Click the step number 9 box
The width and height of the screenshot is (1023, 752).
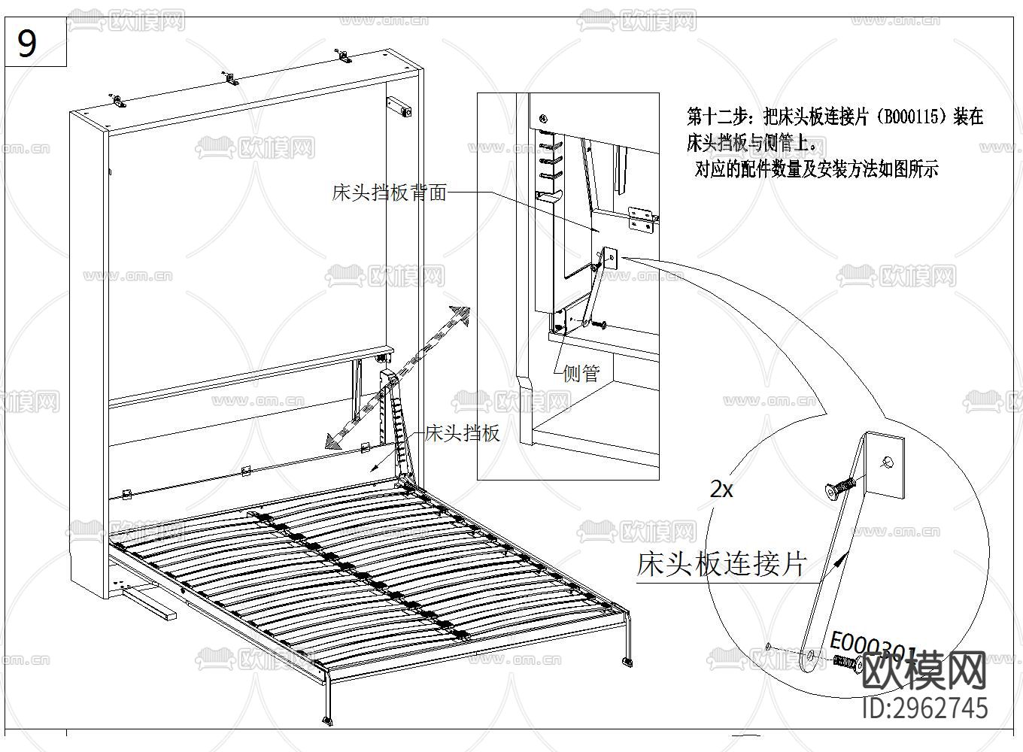(x=27, y=44)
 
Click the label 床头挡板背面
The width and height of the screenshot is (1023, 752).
(x=389, y=193)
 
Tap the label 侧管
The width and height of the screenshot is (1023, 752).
(x=581, y=373)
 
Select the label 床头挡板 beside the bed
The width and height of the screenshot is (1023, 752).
(x=462, y=433)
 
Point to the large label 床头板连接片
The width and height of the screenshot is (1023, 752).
(x=722, y=563)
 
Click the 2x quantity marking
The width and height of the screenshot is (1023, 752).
(x=721, y=490)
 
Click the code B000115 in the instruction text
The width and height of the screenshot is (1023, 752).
(x=913, y=117)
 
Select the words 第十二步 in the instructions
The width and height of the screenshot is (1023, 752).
(x=718, y=117)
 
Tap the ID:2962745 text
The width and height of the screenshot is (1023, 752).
(x=924, y=708)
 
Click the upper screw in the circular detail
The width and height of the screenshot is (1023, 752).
(x=839, y=487)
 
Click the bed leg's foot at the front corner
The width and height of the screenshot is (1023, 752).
(x=327, y=720)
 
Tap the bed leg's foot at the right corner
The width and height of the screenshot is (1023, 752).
(x=627, y=662)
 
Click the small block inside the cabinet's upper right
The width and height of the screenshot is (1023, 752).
(x=399, y=107)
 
